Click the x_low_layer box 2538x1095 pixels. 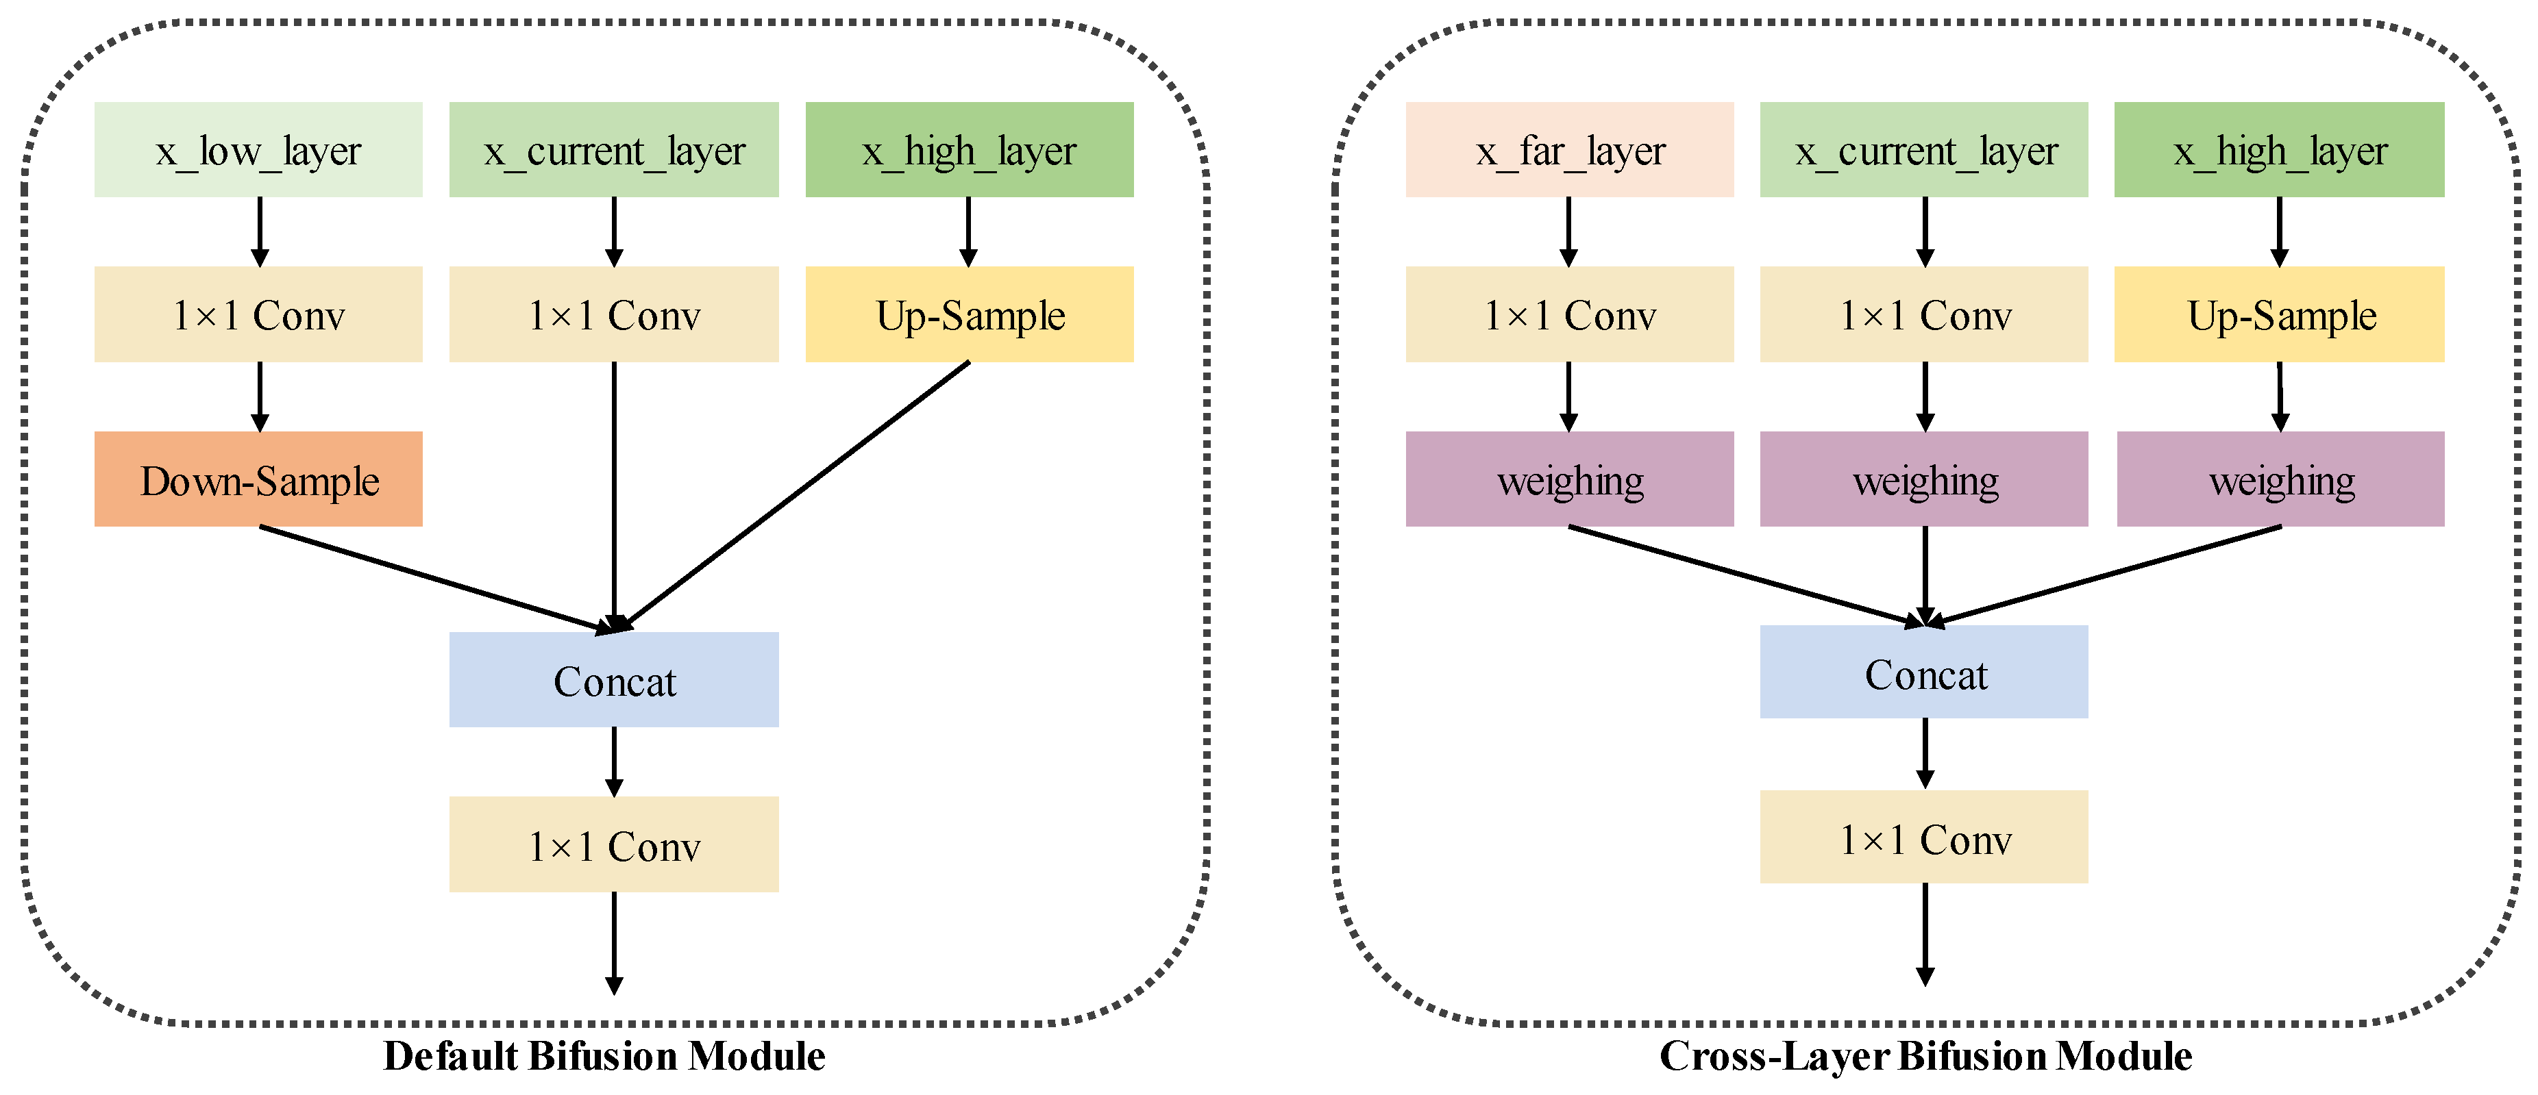point(258,150)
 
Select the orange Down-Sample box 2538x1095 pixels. point(258,479)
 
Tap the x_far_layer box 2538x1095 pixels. point(1570,150)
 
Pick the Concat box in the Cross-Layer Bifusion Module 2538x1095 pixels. point(1924,672)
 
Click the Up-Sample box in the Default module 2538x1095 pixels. point(970,315)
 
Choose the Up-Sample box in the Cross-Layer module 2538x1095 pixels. point(2279,315)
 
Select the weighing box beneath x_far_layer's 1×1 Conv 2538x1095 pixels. point(1570,479)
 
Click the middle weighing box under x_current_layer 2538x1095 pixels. point(1924,479)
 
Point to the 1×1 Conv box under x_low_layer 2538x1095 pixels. point(258,315)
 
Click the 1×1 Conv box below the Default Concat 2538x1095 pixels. point(614,845)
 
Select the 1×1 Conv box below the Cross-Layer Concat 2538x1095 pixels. point(1924,837)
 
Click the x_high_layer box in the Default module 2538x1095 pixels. point(970,150)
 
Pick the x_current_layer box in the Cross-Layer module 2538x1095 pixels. point(1924,150)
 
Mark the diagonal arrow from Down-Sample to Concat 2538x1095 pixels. point(434,578)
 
